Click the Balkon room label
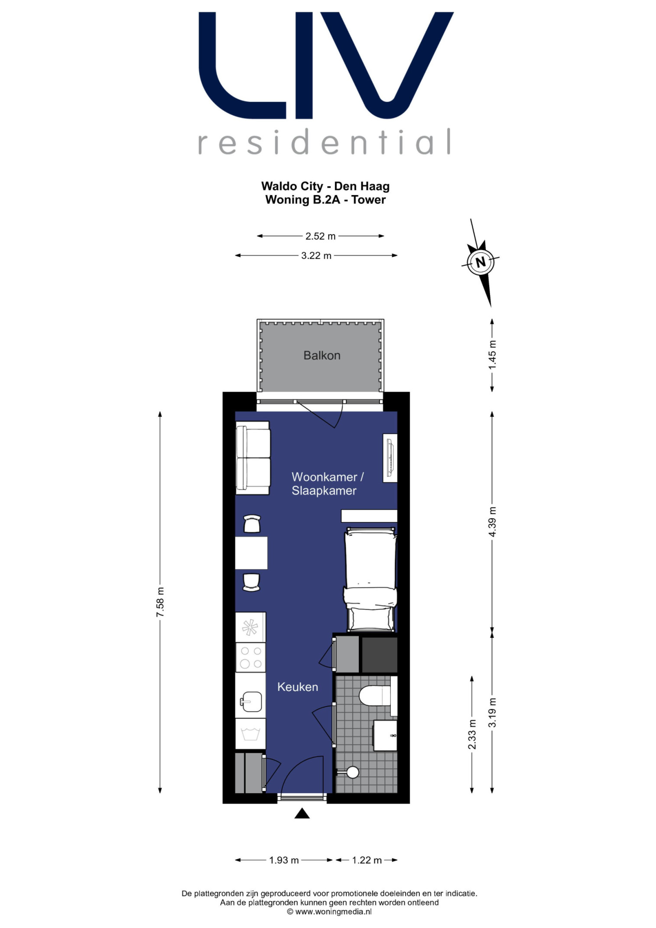[322, 355]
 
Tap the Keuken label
[298, 687]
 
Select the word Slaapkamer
[324, 491]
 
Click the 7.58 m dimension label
[160, 602]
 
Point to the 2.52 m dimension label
[321, 236]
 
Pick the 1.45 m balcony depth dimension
[492, 355]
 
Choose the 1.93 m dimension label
[284, 860]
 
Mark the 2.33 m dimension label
[472, 734]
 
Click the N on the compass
[481, 262]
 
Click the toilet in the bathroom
[375, 695]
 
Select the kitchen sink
[251, 701]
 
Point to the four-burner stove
[250, 657]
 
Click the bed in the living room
[370, 579]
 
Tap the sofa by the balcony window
[253, 458]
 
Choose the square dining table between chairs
[251, 553]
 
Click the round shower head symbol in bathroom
[353, 772]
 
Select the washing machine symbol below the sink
[250, 734]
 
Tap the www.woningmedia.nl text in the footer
[333, 912]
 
